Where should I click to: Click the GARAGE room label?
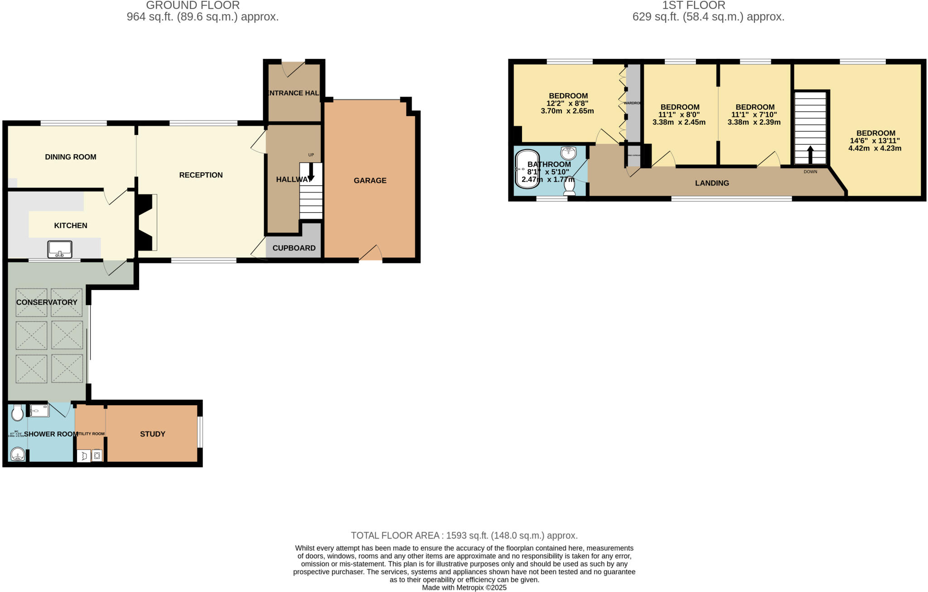[x=370, y=180]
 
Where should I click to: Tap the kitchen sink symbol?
[x=60, y=249]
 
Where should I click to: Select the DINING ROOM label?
[x=70, y=157]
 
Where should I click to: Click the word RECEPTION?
[x=201, y=175]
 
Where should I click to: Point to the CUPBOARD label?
[x=294, y=248]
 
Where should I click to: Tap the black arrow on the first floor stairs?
[x=810, y=154]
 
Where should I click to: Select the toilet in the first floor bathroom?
[x=569, y=186]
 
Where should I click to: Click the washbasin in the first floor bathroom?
[x=568, y=153]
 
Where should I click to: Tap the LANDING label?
[x=712, y=183]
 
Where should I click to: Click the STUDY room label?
[x=152, y=434]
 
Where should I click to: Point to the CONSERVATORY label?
[x=47, y=302]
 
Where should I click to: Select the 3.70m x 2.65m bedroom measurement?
[x=567, y=111]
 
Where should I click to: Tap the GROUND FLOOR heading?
[x=193, y=5]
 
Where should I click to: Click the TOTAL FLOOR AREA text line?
[x=464, y=535]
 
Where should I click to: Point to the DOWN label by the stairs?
[x=810, y=172]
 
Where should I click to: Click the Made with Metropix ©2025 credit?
[x=464, y=587]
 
